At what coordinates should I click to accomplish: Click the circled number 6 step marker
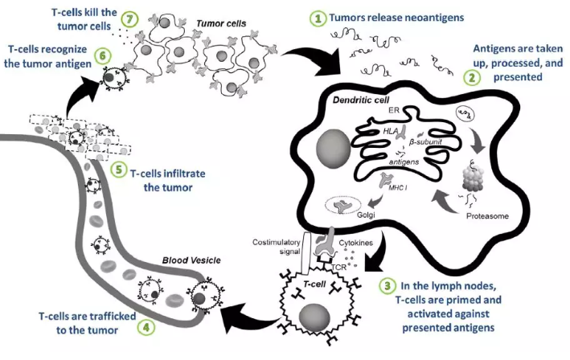102,57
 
